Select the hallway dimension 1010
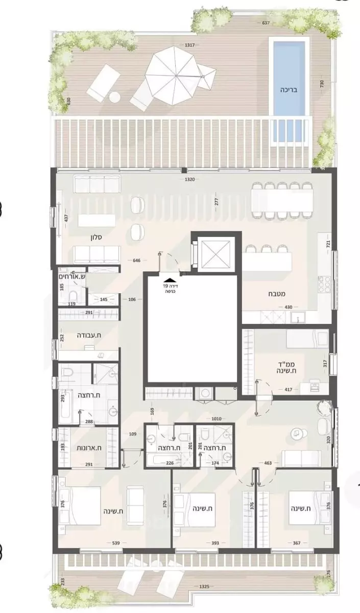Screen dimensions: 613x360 click(217, 418)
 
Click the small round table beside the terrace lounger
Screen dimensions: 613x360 click(115, 97)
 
